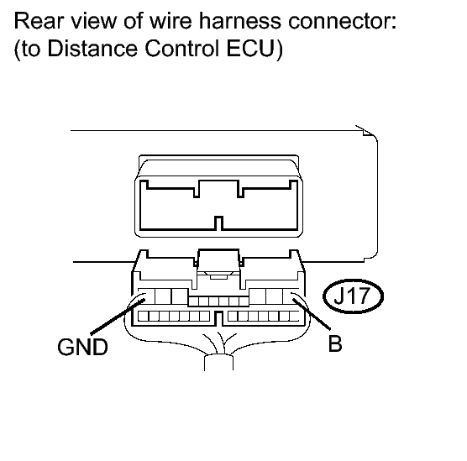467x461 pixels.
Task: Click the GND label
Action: click(x=82, y=347)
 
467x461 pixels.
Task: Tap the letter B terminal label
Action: click(x=334, y=344)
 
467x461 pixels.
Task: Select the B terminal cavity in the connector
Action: click(x=291, y=296)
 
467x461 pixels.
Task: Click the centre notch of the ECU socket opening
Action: click(x=218, y=223)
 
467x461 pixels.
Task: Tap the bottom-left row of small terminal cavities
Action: click(x=172, y=317)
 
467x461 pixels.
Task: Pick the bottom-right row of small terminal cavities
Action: click(x=262, y=317)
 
